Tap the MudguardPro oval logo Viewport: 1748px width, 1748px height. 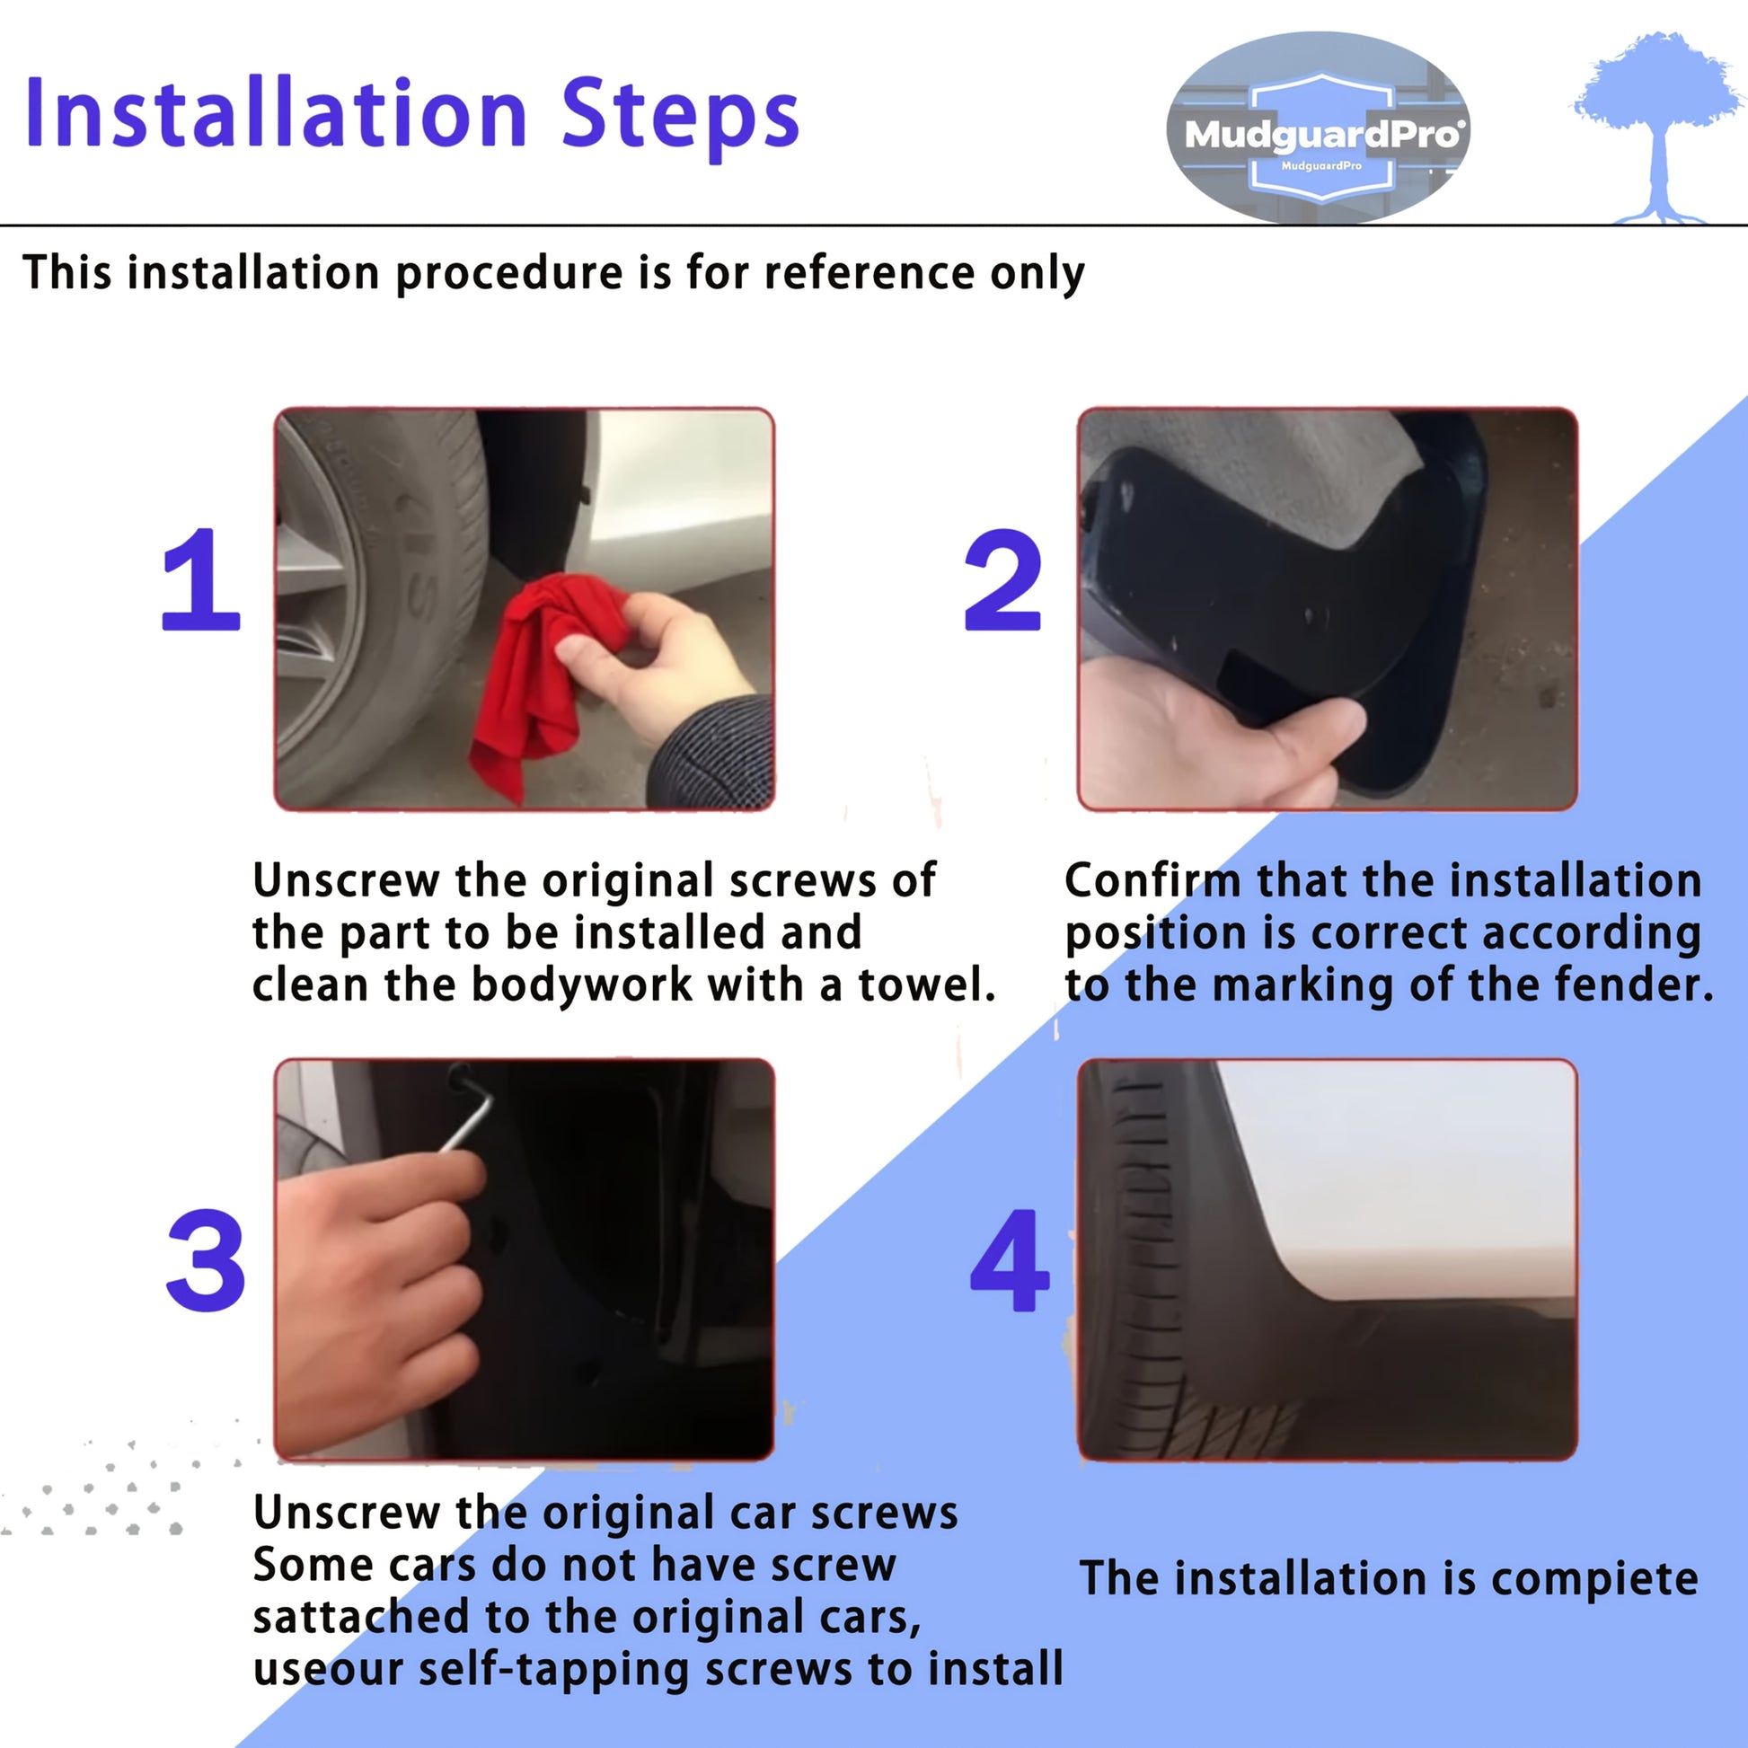coord(1319,128)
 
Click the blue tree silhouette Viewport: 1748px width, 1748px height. coord(1657,127)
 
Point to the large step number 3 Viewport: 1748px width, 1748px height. coord(206,1259)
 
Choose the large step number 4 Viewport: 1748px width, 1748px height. coord(1009,1259)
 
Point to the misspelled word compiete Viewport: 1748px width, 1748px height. coord(1594,1580)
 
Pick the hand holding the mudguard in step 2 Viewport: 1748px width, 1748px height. coord(1213,733)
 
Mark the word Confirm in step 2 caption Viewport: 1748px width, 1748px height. coord(1152,880)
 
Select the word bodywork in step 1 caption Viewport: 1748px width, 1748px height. coord(582,984)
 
